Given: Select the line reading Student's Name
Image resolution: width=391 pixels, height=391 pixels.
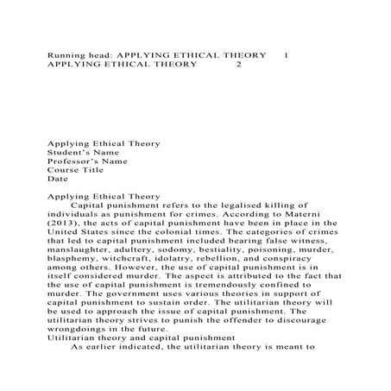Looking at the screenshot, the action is point(84,152).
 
